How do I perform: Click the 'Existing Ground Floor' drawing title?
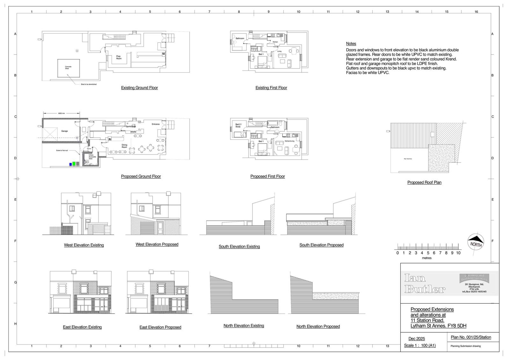tap(139, 88)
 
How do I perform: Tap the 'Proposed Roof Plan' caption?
tap(424, 183)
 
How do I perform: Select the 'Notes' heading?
tap(351, 44)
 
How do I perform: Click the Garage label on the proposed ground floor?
tap(64, 131)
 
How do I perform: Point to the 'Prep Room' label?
tap(119, 57)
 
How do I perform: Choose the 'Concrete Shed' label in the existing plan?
tap(68, 68)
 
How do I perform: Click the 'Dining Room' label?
tap(124, 146)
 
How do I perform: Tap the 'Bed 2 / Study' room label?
tap(238, 126)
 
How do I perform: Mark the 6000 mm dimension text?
tap(62, 113)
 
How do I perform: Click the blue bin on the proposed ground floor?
tap(70, 164)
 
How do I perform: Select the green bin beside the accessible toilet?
tap(74, 164)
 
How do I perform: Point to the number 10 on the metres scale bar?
tap(458, 253)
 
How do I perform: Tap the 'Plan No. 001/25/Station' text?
tap(471, 337)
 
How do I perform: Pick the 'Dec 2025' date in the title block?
tap(417, 339)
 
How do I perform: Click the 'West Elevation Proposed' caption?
tap(157, 244)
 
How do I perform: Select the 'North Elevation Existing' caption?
tap(244, 326)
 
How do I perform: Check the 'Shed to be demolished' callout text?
tap(88, 84)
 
